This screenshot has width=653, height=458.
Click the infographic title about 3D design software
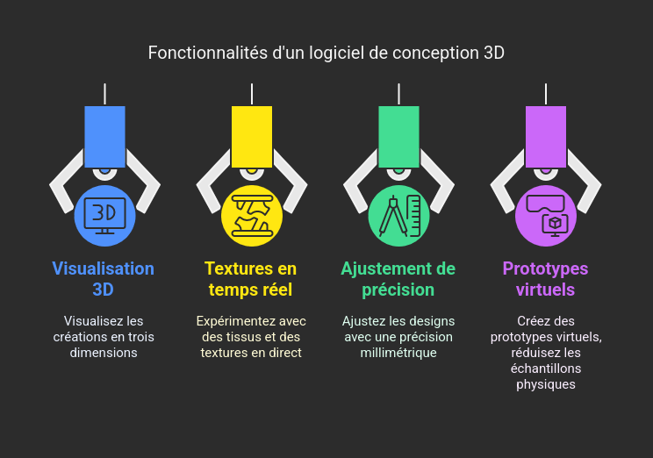[326, 53]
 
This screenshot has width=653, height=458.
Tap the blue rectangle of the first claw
[104, 136]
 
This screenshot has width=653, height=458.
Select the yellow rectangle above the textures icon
[252, 136]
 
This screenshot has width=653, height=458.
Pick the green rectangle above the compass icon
[398, 136]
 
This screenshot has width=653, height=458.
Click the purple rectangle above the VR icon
[546, 136]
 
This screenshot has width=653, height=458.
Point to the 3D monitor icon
[104, 214]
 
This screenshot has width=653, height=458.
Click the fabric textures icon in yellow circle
[252, 215]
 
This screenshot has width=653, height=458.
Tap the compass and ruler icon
[398, 215]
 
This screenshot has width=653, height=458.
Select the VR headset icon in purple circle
[546, 215]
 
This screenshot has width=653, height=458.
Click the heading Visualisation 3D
[104, 279]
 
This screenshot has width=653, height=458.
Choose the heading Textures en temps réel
[251, 279]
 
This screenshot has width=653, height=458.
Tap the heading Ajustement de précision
[398, 279]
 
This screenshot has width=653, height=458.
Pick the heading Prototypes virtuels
[545, 279]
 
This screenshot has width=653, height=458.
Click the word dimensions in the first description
[104, 353]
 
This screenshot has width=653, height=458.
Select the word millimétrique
[398, 353]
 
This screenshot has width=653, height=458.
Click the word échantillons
[545, 369]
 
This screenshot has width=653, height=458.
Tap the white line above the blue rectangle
[104, 94]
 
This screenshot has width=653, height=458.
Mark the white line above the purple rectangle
[546, 94]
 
